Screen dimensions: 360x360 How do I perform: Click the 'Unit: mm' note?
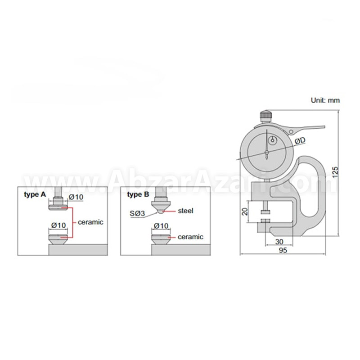[x=325, y=100]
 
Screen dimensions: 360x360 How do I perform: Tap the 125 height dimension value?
[x=335, y=172]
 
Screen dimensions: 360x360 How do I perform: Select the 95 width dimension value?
[x=283, y=250]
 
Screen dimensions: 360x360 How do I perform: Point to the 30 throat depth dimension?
[x=279, y=242]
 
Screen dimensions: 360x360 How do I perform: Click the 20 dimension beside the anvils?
[x=245, y=211]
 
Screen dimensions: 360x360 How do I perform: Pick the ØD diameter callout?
[x=300, y=141]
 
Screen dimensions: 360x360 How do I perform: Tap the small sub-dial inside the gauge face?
[x=273, y=140]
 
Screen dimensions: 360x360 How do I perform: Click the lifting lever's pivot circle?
[x=291, y=131]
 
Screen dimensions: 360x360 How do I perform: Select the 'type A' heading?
[x=35, y=195]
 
